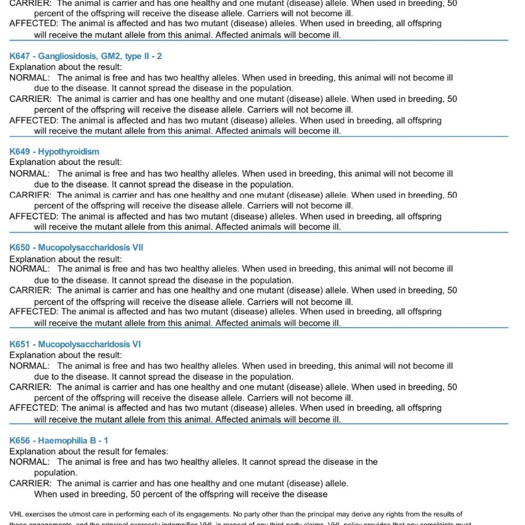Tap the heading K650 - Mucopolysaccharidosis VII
point(76,248)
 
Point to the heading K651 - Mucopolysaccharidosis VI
point(75,344)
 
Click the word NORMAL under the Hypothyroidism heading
point(30,174)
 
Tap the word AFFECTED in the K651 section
point(34,408)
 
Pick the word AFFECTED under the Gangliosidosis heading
point(34,120)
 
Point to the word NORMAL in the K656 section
point(30,462)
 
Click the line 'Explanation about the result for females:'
point(89,451)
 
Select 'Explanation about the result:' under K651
point(66,355)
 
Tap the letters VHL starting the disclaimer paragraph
point(17,514)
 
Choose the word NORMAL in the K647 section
point(30,78)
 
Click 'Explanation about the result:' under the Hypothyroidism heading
point(66,163)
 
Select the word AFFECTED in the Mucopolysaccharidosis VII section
point(34,312)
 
